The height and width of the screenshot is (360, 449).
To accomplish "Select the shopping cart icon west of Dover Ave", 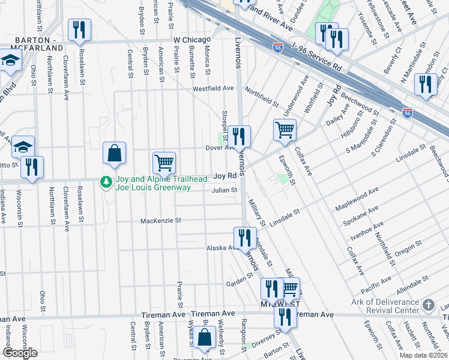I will pyautogui.click(x=164, y=162).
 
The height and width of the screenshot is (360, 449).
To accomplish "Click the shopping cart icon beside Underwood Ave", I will pyautogui.click(x=285, y=129).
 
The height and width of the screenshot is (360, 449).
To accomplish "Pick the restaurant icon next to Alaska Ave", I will pyautogui.click(x=244, y=237).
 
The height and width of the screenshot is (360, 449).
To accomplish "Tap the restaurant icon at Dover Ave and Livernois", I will pyautogui.click(x=239, y=136).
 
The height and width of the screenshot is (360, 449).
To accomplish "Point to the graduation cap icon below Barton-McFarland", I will pyautogui.click(x=10, y=60).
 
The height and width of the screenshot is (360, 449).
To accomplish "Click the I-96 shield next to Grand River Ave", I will pyautogui.click(x=277, y=46).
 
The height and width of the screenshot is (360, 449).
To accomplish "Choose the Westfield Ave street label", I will pyautogui.click(x=212, y=88).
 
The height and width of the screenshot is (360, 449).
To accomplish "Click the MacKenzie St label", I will pyautogui.click(x=160, y=221).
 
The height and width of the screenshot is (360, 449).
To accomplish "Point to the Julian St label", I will pyautogui.click(x=224, y=190).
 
